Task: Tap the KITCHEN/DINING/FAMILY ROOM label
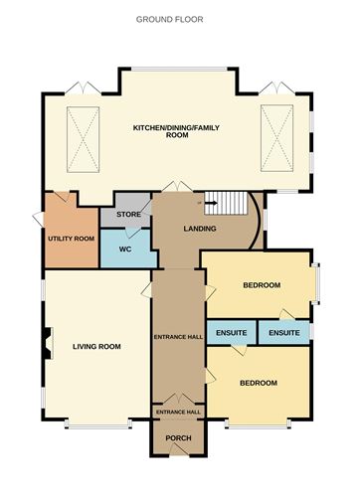pos(176,130)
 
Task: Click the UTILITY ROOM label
pos(71,240)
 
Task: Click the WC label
pos(125,248)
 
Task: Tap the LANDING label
pos(201,230)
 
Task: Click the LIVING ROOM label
pos(96,346)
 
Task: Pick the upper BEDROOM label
pos(262,286)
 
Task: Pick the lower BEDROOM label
pos(257,382)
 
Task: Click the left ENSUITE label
pos(230,332)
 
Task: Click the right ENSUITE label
pos(283,332)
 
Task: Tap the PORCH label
pos(177,438)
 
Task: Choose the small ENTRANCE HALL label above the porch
pos(177,411)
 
